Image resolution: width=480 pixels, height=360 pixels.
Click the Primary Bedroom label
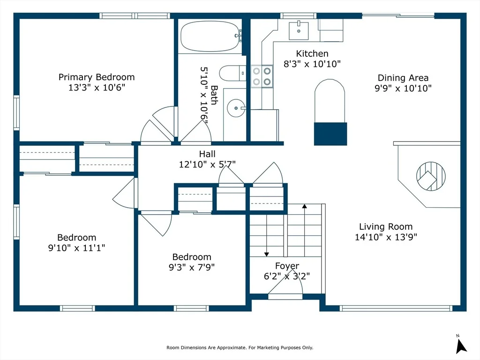tap(97, 77)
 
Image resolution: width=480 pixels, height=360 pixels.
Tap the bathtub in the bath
tap(210, 36)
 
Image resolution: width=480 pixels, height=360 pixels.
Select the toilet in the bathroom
tap(232, 73)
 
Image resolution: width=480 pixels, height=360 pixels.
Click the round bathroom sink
tap(236, 108)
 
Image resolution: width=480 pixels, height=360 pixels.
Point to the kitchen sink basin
tap(299, 30)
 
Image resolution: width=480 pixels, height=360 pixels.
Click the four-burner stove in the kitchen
tap(262, 76)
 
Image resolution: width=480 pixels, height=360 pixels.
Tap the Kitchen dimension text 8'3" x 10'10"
tap(312, 64)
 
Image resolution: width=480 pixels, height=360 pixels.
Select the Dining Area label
tap(403, 78)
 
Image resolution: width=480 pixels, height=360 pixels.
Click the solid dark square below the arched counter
tap(330, 134)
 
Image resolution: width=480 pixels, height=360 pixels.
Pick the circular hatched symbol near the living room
tap(431, 176)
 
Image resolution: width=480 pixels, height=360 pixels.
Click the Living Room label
tap(386, 226)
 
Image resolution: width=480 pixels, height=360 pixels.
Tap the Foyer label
tap(287, 266)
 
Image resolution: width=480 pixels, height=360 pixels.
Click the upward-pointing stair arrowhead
tap(304, 206)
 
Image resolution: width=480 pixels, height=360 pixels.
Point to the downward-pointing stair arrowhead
tap(267, 255)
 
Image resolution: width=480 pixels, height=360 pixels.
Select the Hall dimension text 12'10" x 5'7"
tap(207, 165)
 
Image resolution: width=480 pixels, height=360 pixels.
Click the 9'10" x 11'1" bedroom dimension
tap(76, 247)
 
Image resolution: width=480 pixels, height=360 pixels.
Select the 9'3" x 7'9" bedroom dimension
tap(192, 267)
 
